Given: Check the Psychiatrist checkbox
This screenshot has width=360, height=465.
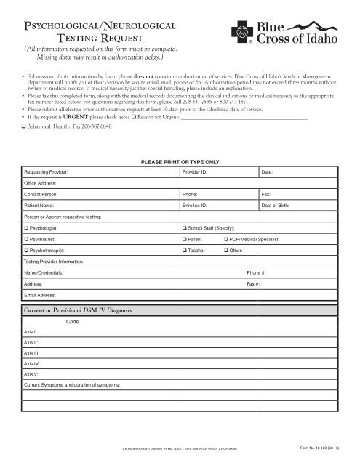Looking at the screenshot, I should (25, 238).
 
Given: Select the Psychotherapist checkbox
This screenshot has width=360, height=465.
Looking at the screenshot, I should (25, 249).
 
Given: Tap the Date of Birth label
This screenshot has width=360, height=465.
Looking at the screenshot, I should (276, 206).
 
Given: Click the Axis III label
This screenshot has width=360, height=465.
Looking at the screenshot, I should (31, 351).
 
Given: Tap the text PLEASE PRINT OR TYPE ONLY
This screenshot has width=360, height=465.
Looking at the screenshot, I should (179, 161).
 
